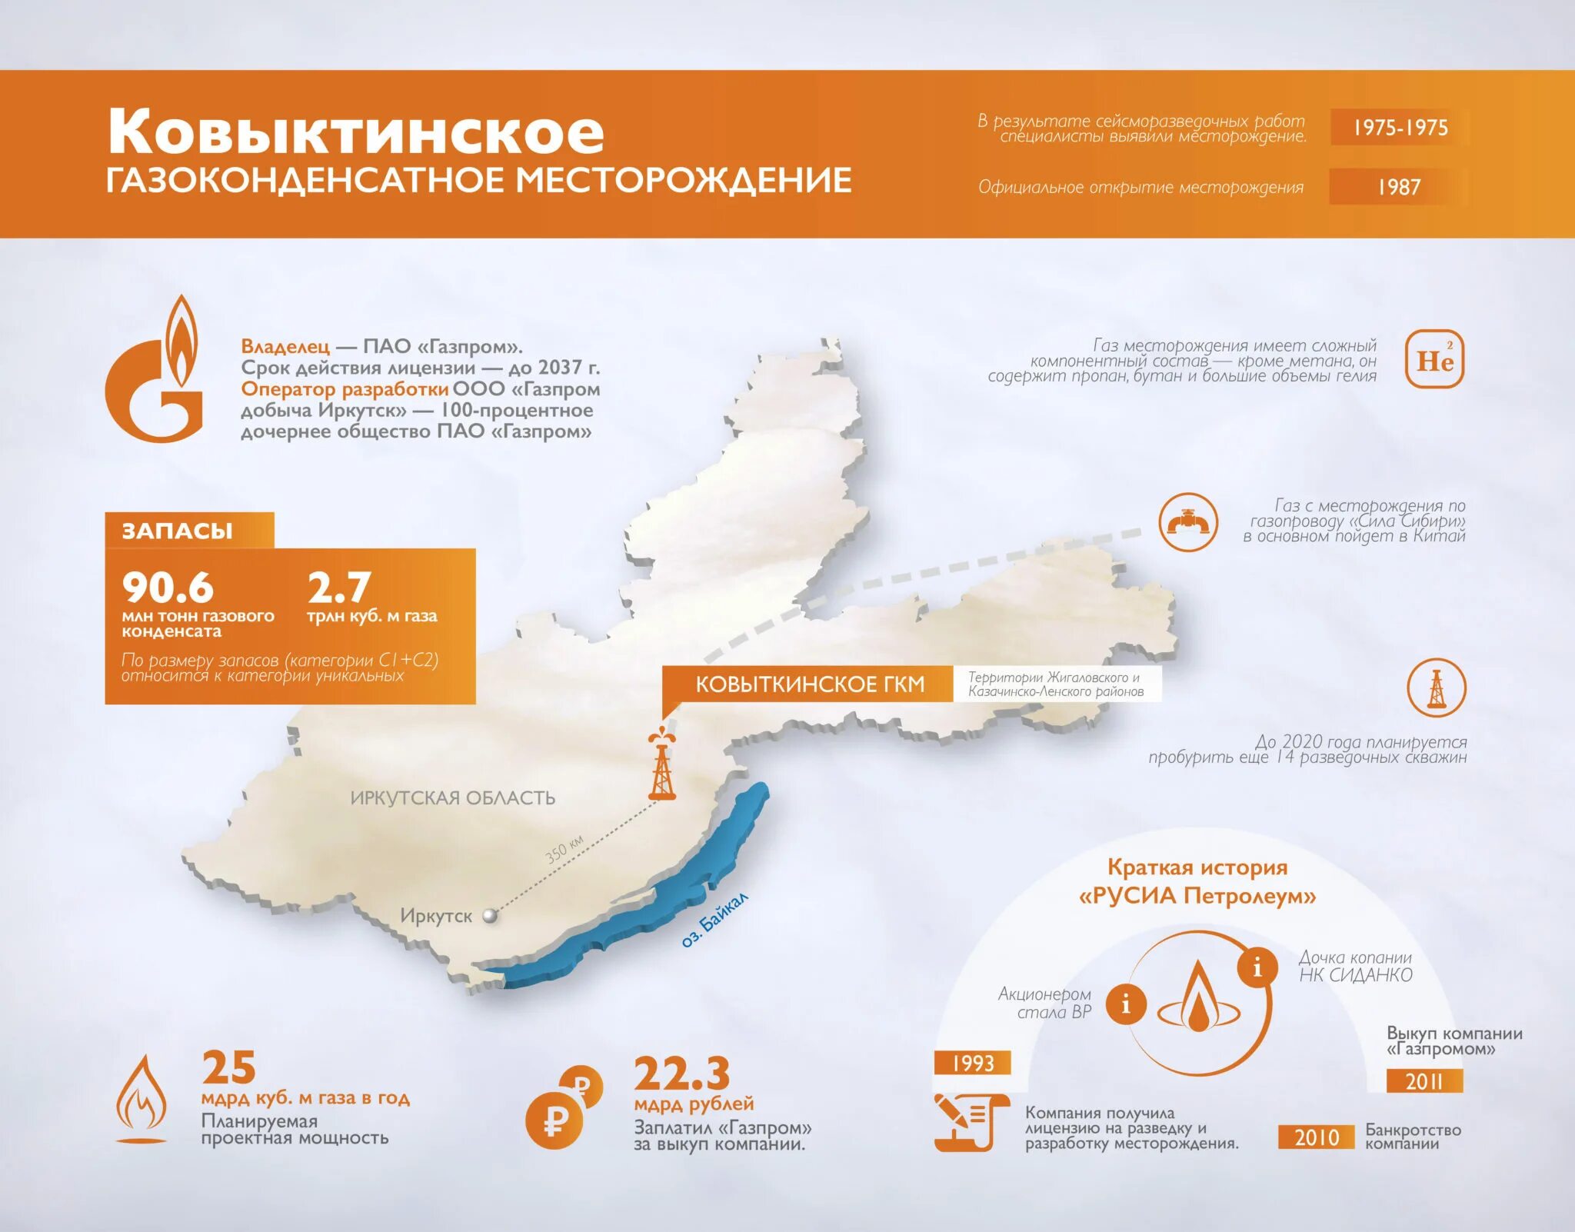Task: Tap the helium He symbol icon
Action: (x=1434, y=360)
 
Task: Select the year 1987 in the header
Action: (x=1398, y=187)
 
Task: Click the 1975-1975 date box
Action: (x=1400, y=128)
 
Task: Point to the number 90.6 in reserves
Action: (x=168, y=588)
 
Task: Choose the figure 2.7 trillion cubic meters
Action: (x=339, y=588)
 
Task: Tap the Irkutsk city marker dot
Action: (x=489, y=916)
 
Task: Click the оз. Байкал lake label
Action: (x=714, y=920)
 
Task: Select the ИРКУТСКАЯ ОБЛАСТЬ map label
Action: (x=452, y=797)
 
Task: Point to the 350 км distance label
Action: (x=564, y=849)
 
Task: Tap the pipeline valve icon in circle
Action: (x=1188, y=522)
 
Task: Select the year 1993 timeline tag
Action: (x=972, y=1063)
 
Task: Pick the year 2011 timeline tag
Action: (x=1423, y=1081)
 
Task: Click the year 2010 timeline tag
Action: (x=1316, y=1137)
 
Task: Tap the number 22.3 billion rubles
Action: (x=681, y=1074)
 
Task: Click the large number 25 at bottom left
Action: (x=228, y=1067)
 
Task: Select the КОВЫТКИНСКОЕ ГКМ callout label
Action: (x=809, y=684)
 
